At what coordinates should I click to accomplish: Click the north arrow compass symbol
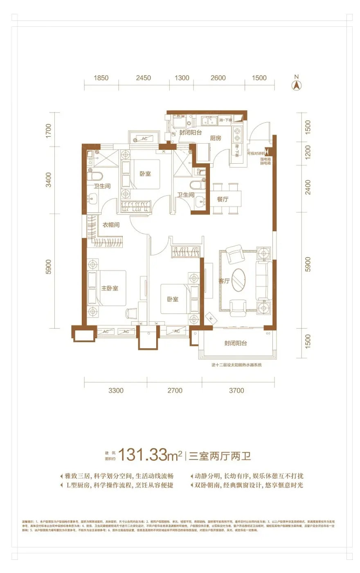tap(296, 84)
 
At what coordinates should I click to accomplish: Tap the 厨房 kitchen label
tap(216, 138)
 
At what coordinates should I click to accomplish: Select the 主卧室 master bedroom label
tap(110, 289)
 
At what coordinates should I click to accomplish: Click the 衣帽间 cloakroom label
tap(111, 225)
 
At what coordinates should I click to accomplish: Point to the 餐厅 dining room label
tap(223, 199)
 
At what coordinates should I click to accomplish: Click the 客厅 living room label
tap(224, 281)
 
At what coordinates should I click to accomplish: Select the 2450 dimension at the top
tap(144, 78)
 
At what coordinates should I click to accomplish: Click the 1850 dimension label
tap(101, 78)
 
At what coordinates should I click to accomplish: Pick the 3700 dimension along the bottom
tap(236, 390)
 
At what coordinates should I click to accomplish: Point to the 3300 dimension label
tap(116, 390)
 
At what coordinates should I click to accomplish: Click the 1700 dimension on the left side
tap(49, 131)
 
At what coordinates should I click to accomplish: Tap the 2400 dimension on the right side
tap(308, 187)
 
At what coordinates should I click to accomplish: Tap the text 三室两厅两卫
tap(220, 456)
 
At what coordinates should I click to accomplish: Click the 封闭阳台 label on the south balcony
tap(236, 343)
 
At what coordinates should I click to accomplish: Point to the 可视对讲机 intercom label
tap(256, 153)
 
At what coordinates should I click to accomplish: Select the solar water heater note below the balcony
tap(236, 365)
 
